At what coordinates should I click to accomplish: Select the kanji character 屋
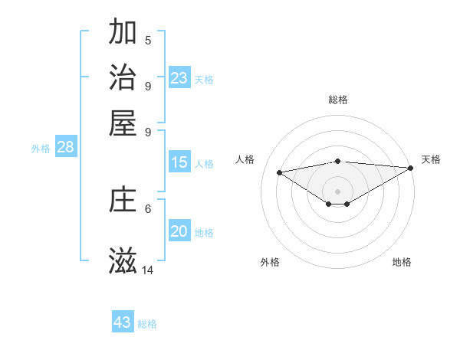coord(123,122)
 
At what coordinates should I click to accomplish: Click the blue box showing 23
coord(179,78)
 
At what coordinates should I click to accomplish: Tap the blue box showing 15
coord(179,162)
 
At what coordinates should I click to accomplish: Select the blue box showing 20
coord(179,232)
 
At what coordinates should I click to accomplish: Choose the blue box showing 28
coord(65,148)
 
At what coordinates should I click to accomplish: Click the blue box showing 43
coord(123,322)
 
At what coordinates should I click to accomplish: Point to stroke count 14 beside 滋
coord(148,270)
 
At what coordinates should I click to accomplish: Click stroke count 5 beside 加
coord(148,41)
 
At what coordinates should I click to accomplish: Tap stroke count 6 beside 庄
coord(148,208)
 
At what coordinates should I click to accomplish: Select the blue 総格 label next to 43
coord(147,324)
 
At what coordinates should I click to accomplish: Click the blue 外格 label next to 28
coord(41,149)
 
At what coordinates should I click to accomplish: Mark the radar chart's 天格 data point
coord(412,168)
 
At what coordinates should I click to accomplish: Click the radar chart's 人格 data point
coord(279,172)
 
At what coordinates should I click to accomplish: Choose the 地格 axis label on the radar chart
coord(402,262)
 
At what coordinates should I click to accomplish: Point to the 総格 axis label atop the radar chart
coord(338,100)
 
